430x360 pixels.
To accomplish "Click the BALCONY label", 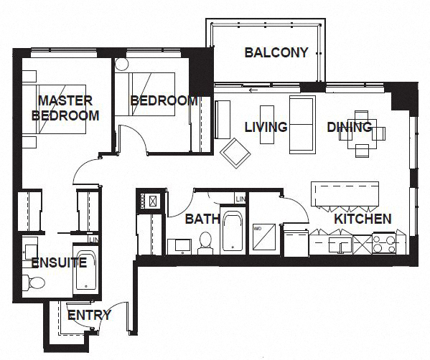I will tap(276, 53).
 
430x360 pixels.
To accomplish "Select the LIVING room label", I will tap(266, 127).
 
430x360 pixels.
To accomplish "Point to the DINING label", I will tap(350, 127).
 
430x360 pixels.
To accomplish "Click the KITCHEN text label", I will tap(363, 219).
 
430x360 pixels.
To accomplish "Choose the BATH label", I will tap(197, 219).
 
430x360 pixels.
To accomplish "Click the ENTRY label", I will tap(89, 314).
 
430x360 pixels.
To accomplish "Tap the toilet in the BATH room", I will tap(205, 241).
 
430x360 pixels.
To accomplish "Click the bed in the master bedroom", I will tap(57, 108).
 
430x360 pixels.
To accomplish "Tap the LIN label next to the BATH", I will tap(241, 199).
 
